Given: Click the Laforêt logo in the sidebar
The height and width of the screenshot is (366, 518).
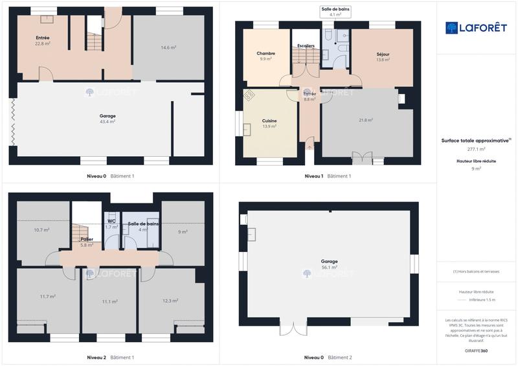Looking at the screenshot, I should click(477, 28).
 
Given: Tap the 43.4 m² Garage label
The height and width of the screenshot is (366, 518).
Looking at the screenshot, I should click(107, 119).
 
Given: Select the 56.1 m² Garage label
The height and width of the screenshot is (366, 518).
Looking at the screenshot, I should click(329, 264).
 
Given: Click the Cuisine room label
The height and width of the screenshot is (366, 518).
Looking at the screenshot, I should click(269, 123).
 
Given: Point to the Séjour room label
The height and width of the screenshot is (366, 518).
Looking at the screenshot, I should click(383, 56).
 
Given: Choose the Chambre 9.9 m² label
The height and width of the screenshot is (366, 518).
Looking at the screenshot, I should click(265, 56).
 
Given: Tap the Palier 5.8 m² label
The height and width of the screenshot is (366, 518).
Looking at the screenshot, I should click(87, 242).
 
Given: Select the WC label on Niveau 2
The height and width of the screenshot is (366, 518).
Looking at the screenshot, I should click(111, 224).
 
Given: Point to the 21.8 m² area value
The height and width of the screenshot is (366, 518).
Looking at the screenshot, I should click(366, 120).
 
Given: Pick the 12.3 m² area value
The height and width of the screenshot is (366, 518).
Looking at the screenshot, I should click(170, 301).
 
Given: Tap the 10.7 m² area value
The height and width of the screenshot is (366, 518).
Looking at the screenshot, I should click(42, 230).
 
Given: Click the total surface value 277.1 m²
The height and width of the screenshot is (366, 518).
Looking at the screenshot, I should click(477, 149).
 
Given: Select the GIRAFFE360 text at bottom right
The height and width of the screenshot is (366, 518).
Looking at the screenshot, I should click(477, 350).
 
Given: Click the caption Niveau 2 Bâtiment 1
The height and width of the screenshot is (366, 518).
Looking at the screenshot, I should click(110, 357).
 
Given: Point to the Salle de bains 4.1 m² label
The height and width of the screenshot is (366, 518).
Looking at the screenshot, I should click(335, 11).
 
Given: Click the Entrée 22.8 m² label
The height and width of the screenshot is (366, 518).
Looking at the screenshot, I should click(43, 41).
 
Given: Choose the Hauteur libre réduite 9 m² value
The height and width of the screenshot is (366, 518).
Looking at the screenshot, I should click(477, 168).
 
